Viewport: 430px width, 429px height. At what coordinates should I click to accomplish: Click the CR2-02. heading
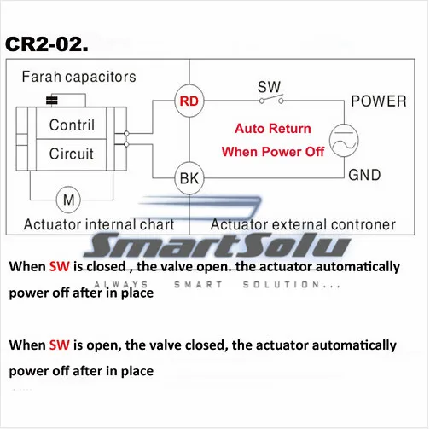click(47, 44)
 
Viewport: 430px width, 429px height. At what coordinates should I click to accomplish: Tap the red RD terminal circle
click(189, 101)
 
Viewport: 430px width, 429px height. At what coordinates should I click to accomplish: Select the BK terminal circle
click(189, 178)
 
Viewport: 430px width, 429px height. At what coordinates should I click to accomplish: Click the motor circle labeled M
click(68, 200)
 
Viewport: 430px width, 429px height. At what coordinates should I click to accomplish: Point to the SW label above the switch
click(269, 87)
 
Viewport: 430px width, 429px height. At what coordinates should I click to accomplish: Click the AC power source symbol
click(344, 140)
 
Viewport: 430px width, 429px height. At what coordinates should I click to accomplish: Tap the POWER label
click(379, 101)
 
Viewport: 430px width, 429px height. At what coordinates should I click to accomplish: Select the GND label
click(364, 175)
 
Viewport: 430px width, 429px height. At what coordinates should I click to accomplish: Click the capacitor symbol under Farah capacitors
click(52, 101)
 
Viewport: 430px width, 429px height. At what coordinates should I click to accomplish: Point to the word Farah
click(42, 77)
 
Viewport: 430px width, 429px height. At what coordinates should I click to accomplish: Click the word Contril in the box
click(72, 125)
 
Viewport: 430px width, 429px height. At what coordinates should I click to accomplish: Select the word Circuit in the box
click(72, 154)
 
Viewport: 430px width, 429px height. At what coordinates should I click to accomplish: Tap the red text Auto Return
click(273, 129)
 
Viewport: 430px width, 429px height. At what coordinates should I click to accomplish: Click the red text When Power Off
click(273, 152)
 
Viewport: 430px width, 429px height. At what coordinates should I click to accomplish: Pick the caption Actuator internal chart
click(99, 224)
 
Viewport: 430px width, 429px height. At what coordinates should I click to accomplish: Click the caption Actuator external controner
click(303, 224)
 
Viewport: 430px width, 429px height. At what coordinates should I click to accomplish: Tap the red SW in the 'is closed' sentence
click(60, 266)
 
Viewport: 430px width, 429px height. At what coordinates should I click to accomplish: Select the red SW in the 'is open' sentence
click(60, 345)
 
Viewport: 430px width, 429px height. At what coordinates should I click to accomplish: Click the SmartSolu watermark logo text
click(217, 245)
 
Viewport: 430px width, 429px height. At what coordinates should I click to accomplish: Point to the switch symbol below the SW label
click(271, 99)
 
